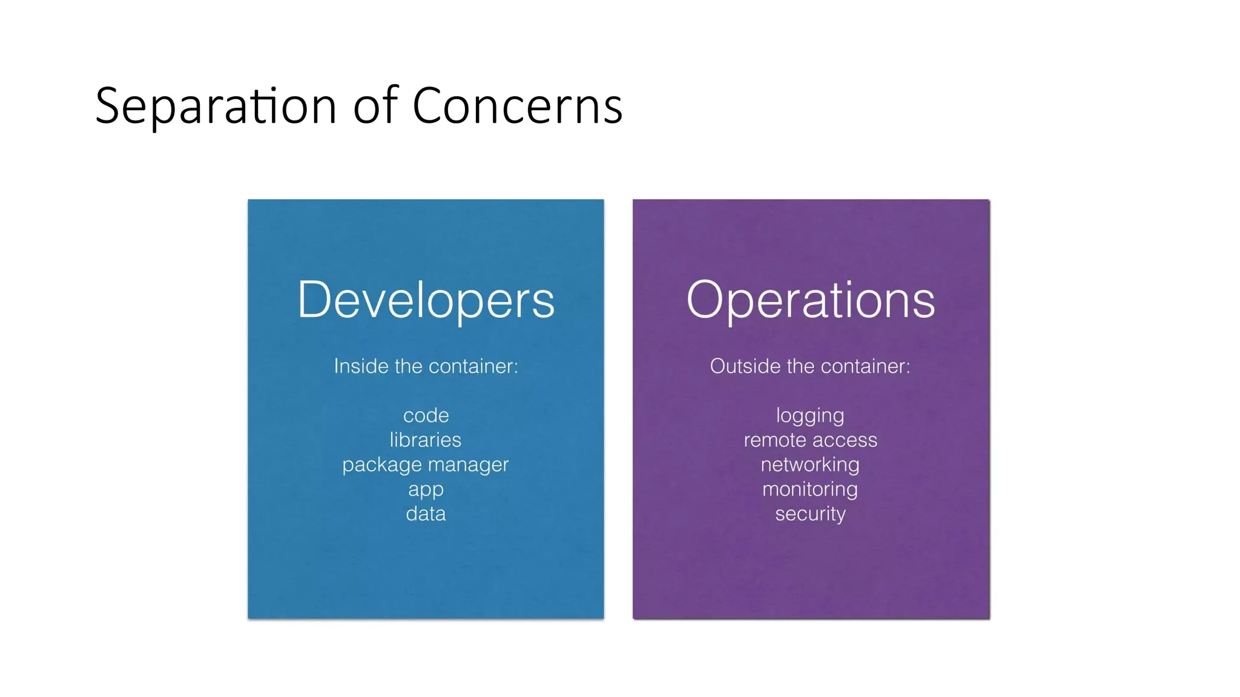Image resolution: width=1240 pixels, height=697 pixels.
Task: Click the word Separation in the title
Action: (x=216, y=106)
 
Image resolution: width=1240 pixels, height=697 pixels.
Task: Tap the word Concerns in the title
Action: (x=517, y=106)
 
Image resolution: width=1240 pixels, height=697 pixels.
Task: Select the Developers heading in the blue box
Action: (x=426, y=300)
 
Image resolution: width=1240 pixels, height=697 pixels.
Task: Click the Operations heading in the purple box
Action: (x=811, y=300)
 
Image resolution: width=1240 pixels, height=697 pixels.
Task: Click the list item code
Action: (x=426, y=416)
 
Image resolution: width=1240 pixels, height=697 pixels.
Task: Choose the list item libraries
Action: (x=426, y=440)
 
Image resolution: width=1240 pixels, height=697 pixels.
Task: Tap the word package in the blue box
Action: (x=381, y=465)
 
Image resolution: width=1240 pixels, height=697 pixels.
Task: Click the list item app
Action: (x=426, y=490)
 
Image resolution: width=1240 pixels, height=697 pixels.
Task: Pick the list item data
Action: (x=426, y=514)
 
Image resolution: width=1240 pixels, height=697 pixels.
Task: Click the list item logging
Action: (x=810, y=416)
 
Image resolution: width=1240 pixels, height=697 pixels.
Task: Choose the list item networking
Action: (x=810, y=465)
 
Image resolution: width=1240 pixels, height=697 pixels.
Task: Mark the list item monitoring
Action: (x=810, y=489)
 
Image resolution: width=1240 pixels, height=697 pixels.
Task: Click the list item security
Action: (x=810, y=514)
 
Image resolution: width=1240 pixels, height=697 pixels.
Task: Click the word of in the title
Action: (x=375, y=106)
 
